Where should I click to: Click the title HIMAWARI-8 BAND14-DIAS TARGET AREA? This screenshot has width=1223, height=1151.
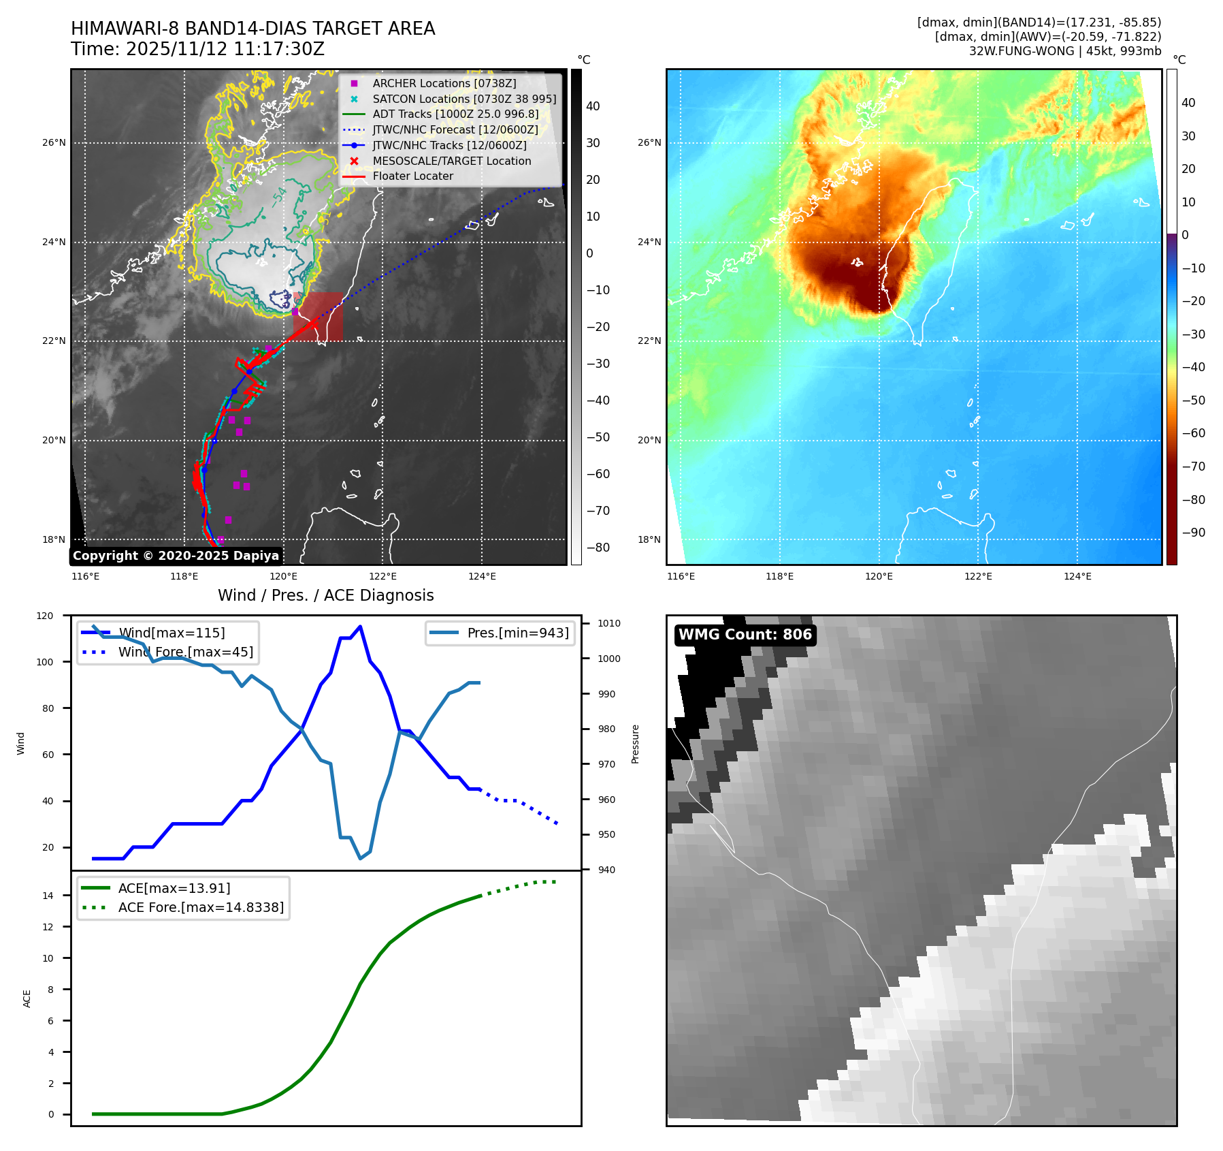click(x=252, y=29)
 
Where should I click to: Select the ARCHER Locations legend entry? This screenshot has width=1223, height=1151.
click(x=444, y=83)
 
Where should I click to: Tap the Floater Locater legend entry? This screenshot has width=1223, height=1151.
click(x=412, y=176)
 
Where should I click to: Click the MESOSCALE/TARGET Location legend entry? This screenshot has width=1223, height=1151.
click(x=451, y=161)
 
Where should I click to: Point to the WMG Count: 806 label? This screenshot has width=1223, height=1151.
click(x=745, y=635)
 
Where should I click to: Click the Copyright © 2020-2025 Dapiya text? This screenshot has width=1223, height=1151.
click(x=176, y=556)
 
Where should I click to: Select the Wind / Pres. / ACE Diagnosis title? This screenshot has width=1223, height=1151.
click(x=325, y=595)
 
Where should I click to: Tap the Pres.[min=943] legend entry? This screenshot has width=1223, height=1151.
click(x=517, y=633)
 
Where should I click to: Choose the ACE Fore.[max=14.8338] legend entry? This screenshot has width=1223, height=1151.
click(x=201, y=907)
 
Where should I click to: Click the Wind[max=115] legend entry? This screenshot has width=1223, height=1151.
click(x=171, y=633)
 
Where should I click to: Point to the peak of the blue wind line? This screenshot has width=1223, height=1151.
click(x=360, y=627)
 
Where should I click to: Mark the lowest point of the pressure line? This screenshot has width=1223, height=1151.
click(x=361, y=858)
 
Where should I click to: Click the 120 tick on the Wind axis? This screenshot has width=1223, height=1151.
click(x=45, y=616)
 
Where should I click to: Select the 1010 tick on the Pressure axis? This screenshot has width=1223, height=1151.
click(x=609, y=623)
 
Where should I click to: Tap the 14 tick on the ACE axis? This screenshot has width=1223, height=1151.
click(x=48, y=896)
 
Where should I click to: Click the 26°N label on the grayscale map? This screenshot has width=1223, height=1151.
click(x=54, y=143)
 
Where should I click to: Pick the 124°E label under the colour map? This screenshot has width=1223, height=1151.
click(x=1077, y=576)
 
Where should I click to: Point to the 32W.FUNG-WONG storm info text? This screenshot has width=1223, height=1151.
click(x=1064, y=51)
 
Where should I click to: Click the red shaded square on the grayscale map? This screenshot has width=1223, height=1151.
click(x=319, y=317)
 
